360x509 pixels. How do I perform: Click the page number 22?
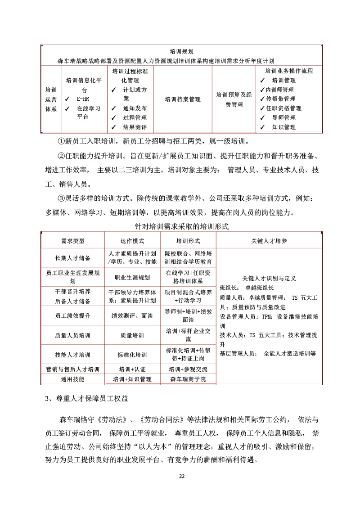coord(182,476)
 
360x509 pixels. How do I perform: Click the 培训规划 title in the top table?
coord(182,52)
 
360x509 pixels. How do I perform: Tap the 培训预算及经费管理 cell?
coord(234,99)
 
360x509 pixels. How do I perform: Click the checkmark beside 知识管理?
coord(262,127)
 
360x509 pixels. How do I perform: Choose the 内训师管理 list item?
coord(279,90)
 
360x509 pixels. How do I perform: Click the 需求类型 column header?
coord(73,241)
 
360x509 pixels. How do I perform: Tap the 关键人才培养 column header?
coord(269,241)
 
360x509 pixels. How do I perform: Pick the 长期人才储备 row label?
coord(73,258)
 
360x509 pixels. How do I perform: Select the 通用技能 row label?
coord(73,379)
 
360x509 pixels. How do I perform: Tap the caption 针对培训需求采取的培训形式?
coord(182,226)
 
